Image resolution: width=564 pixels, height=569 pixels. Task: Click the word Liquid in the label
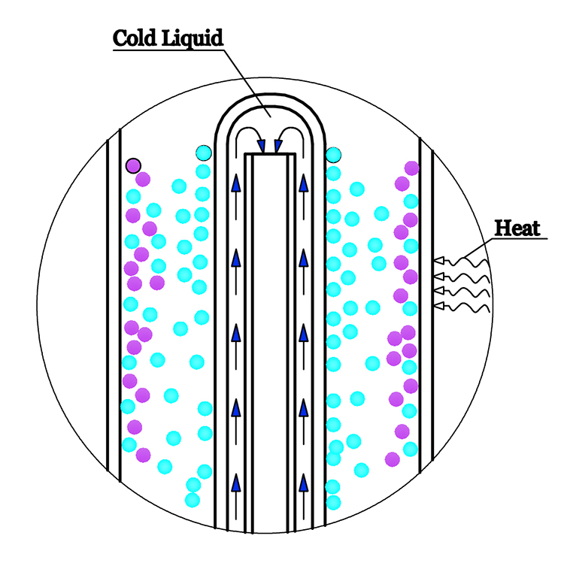click(x=196, y=38)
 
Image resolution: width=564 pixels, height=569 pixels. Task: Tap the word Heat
click(x=519, y=227)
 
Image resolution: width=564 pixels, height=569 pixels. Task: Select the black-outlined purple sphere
click(x=133, y=165)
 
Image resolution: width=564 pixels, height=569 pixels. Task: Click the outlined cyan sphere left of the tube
click(x=203, y=154)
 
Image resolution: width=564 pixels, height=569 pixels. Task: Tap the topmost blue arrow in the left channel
click(x=236, y=183)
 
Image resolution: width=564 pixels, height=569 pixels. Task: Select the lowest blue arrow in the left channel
click(x=236, y=482)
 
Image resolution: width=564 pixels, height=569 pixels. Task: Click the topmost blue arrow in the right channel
click(x=304, y=183)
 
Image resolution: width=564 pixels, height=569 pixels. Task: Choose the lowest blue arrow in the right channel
click(x=304, y=482)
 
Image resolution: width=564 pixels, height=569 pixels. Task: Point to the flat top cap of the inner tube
click(x=270, y=156)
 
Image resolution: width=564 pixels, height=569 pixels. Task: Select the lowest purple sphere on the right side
click(x=392, y=459)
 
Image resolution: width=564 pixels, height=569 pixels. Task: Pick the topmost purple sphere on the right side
click(x=411, y=168)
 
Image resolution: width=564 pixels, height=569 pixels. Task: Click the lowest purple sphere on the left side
click(x=143, y=454)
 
